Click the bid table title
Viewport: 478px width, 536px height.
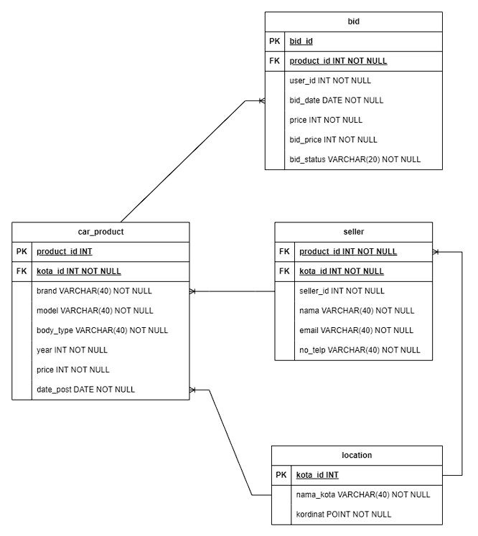(353, 22)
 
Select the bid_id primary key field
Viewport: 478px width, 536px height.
(301, 42)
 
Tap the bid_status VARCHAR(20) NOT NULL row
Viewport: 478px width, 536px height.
(355, 159)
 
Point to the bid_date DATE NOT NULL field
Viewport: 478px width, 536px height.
(336, 100)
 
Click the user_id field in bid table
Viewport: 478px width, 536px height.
(330, 80)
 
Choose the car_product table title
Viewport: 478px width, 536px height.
(100, 232)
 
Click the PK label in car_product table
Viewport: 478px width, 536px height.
(22, 252)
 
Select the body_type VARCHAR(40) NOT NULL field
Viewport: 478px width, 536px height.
(102, 331)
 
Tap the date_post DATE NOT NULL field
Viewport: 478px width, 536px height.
(85, 390)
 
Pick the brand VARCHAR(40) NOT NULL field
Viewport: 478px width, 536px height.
(94, 291)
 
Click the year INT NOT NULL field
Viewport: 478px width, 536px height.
(72, 350)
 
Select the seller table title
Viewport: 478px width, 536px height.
(354, 232)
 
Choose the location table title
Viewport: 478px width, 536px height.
(357, 455)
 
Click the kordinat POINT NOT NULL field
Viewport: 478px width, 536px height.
(344, 514)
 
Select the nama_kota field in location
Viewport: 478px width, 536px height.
(362, 494)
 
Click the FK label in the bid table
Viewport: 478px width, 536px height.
(275, 62)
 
